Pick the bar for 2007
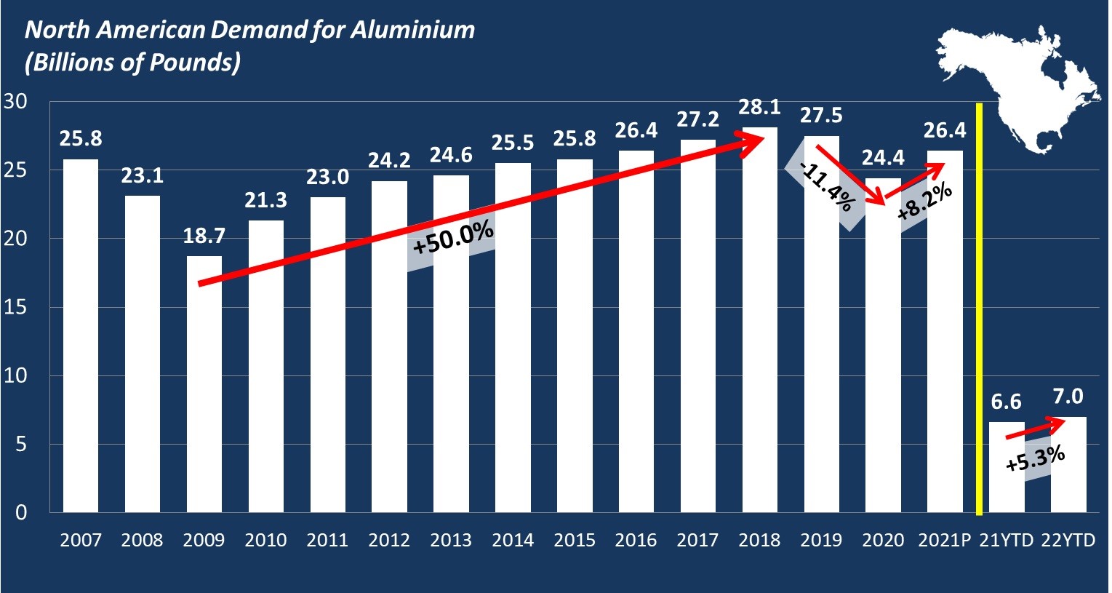pos(81,335)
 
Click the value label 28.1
pos(760,108)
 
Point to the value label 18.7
pos(204,236)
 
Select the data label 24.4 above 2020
pos(883,158)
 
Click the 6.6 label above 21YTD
pos(1007,402)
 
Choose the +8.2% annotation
pos(924,202)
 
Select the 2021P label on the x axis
pos(945,541)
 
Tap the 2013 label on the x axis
pos(451,541)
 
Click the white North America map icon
pos(1018,87)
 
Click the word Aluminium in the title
pos(412,30)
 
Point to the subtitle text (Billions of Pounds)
pos(132,63)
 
